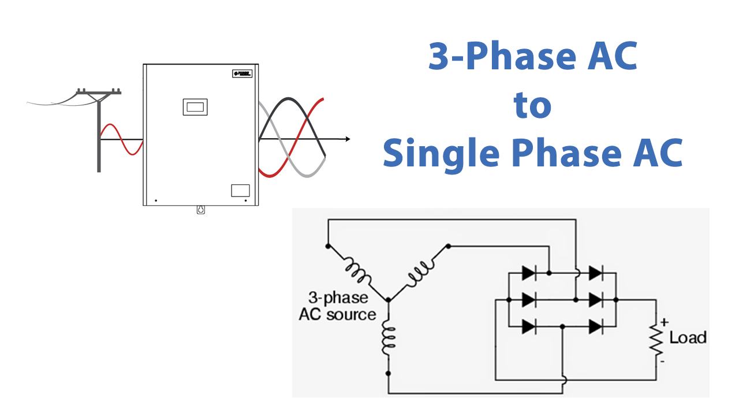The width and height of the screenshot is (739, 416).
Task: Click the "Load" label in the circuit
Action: click(x=688, y=337)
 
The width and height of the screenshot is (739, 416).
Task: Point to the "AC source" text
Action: click(x=337, y=315)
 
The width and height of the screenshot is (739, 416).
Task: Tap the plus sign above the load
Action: click(x=664, y=321)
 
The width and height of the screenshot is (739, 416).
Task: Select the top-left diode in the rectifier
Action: click(x=529, y=271)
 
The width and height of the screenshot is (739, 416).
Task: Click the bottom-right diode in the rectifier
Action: click(x=596, y=326)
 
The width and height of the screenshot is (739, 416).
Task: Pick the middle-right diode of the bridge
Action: click(x=596, y=300)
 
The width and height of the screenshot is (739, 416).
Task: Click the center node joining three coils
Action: click(x=388, y=300)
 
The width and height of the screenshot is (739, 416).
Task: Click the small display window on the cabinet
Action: click(x=195, y=107)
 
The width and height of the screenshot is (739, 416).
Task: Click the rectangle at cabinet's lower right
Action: click(x=240, y=190)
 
